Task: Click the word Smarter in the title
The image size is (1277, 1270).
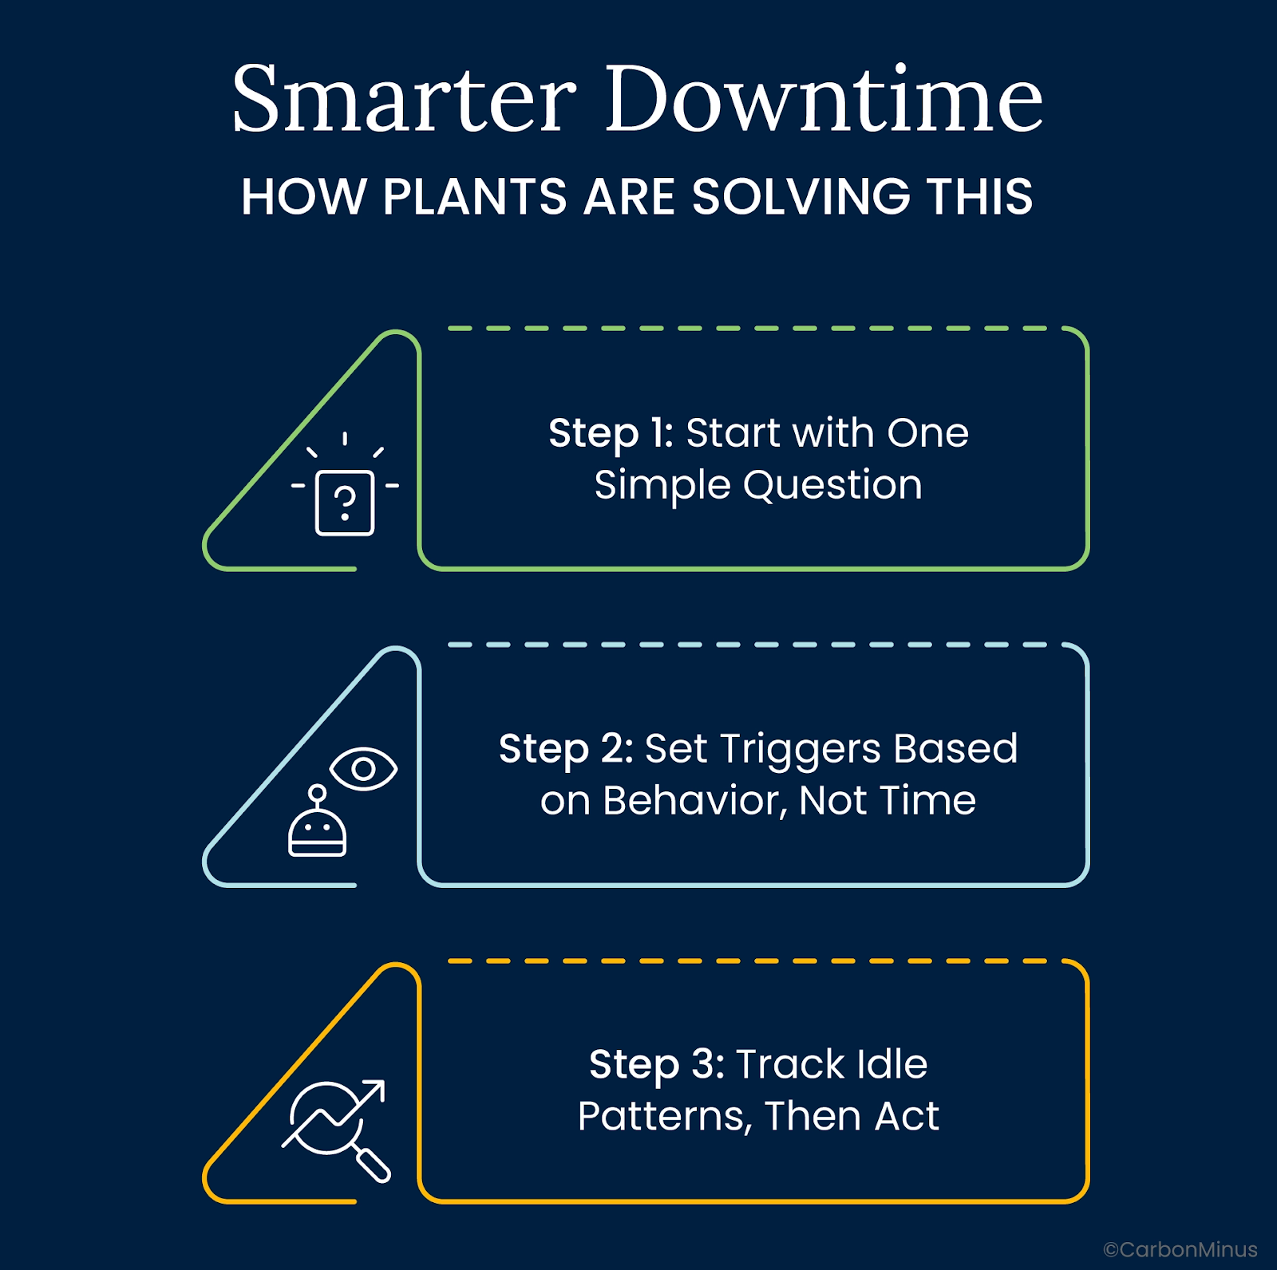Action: pos(404,99)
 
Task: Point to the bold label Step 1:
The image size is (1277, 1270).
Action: pos(611,434)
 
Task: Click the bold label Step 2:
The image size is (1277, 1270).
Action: pos(566,750)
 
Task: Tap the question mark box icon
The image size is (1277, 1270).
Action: pos(345,503)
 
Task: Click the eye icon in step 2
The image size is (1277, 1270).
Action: pos(363,769)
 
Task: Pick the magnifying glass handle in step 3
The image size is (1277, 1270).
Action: pos(373,1164)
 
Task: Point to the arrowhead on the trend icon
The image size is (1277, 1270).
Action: pos(373,1092)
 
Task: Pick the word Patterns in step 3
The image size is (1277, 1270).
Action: pos(665,1116)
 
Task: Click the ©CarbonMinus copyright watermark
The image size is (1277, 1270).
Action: pos(1180,1249)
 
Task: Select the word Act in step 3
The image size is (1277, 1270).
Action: pos(907,1116)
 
